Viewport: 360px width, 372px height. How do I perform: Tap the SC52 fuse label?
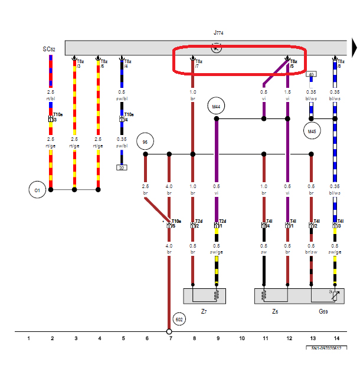click(x=49, y=50)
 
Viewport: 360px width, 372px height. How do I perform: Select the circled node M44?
click(x=216, y=106)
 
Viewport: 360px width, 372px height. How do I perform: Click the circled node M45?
click(x=312, y=130)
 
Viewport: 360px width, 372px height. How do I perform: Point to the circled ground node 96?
click(x=145, y=142)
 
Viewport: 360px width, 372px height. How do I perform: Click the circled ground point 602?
click(x=180, y=319)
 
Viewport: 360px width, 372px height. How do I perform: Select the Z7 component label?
click(x=204, y=310)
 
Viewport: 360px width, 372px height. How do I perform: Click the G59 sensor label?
click(x=324, y=310)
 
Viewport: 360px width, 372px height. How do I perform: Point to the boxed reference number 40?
click(x=311, y=74)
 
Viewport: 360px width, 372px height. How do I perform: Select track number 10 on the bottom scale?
click(x=241, y=338)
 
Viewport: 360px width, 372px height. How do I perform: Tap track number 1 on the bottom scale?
click(x=28, y=338)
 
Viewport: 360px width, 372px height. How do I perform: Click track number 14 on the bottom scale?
click(x=336, y=338)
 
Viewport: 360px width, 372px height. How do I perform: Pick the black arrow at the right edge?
click(x=354, y=47)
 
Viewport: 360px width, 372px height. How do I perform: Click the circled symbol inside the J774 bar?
click(x=216, y=48)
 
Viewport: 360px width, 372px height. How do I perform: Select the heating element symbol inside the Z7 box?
click(x=216, y=295)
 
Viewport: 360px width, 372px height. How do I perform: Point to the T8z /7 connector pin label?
click(x=199, y=63)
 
